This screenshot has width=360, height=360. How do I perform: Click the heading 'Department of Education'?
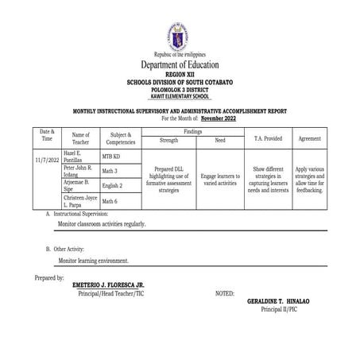point(180,64)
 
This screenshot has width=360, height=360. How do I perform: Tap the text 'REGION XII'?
point(180,74)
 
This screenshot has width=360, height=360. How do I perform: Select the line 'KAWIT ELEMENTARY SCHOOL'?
point(180,95)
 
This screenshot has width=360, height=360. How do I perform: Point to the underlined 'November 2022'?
point(220,118)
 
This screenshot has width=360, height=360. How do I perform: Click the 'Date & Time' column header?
point(47,134)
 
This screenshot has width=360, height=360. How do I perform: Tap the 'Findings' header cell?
point(192,130)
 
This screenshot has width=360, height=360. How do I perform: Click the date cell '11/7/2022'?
point(47,160)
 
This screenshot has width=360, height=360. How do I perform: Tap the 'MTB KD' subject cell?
point(111,157)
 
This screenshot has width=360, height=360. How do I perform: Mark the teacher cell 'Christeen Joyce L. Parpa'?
point(79,202)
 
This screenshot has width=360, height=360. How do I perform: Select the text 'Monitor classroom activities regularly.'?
point(103,224)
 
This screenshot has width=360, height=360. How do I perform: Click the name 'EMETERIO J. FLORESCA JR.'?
point(107,285)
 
